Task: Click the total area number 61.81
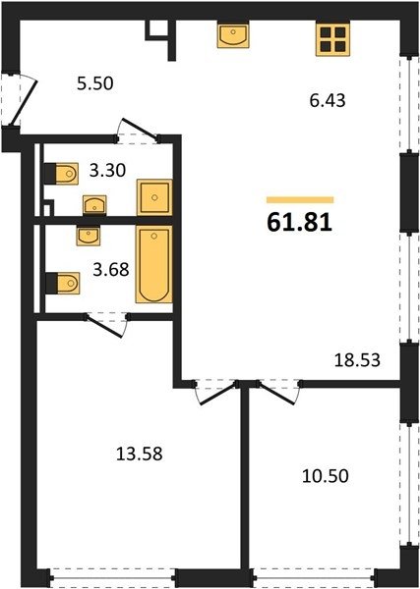coord(300,222)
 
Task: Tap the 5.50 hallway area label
coord(94,83)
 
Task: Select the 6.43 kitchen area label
coord(328,101)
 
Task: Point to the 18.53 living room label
coord(357,360)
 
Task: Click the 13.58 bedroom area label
coord(140,454)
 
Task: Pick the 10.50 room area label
coord(326,476)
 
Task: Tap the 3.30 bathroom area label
coord(107,171)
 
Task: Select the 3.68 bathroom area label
coord(111,269)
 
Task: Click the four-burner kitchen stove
coord(332,39)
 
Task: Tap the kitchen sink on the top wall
coord(233,35)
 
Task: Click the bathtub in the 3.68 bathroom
coord(153,264)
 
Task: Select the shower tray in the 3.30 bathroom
coord(154,197)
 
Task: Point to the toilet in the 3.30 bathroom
coord(61,174)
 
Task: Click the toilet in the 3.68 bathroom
coord(63,283)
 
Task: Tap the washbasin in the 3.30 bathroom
coord(94,205)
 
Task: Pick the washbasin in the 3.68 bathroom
coord(89,236)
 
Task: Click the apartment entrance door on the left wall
coord(24,102)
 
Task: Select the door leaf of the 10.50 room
coord(275,394)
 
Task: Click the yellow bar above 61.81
coord(300,200)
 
